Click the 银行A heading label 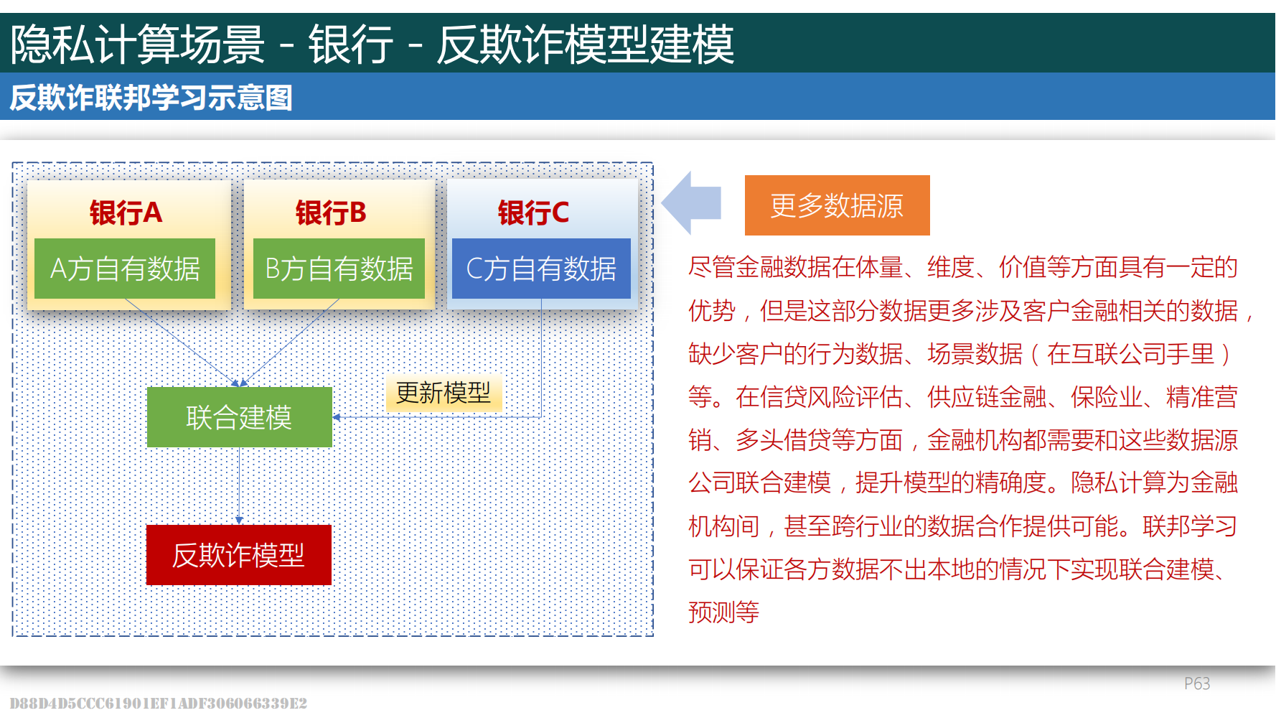pyautogui.click(x=126, y=213)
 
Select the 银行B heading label pyautogui.click(x=331, y=213)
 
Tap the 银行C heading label pyautogui.click(x=533, y=213)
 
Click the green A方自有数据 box pyautogui.click(x=125, y=269)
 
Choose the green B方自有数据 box pyautogui.click(x=339, y=269)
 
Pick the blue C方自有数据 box pyautogui.click(x=541, y=269)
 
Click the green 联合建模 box pyautogui.click(x=239, y=417)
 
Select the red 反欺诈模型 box pyautogui.click(x=238, y=555)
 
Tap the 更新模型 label pyautogui.click(x=443, y=393)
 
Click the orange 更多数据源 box pyautogui.click(x=837, y=205)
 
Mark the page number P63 pyautogui.click(x=1196, y=684)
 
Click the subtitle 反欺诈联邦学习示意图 pyautogui.click(x=151, y=98)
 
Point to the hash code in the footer pyautogui.click(x=158, y=704)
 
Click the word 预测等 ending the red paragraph pyautogui.click(x=723, y=612)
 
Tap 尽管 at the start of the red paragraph pyautogui.click(x=711, y=267)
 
